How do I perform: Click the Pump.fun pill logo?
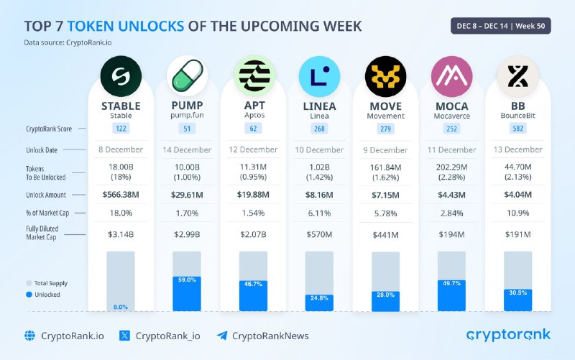[x=187, y=75]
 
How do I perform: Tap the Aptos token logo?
[x=254, y=75]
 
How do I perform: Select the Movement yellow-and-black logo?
[x=386, y=75]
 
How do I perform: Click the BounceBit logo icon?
[x=518, y=75]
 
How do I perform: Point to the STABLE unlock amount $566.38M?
[x=121, y=195]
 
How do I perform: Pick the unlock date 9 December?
[x=386, y=149]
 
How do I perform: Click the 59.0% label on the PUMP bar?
[x=187, y=280]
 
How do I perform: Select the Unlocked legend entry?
[x=43, y=295]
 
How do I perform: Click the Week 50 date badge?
[x=501, y=26]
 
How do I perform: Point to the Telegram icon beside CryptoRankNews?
[x=222, y=336]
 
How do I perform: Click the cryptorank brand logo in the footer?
[x=509, y=334]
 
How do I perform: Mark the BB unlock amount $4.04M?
[x=518, y=195]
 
